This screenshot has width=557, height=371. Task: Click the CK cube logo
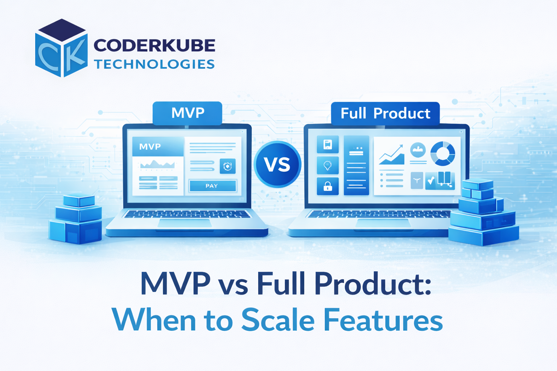click(x=61, y=48)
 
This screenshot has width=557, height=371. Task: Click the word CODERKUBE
click(x=154, y=46)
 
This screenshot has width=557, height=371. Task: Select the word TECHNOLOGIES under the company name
click(x=154, y=64)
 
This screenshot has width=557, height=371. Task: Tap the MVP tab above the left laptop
click(x=187, y=113)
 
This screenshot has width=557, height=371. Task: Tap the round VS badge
click(x=277, y=164)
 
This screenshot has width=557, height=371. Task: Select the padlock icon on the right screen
click(x=327, y=186)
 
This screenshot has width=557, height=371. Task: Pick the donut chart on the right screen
click(x=443, y=153)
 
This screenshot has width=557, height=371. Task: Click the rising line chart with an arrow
click(x=392, y=155)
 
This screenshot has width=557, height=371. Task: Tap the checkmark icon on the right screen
click(x=431, y=180)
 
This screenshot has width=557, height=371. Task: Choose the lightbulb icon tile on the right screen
click(x=327, y=166)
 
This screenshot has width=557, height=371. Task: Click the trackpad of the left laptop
click(x=185, y=223)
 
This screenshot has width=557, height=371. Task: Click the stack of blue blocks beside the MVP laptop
click(x=76, y=219)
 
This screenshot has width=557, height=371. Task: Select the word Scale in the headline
click(x=278, y=320)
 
